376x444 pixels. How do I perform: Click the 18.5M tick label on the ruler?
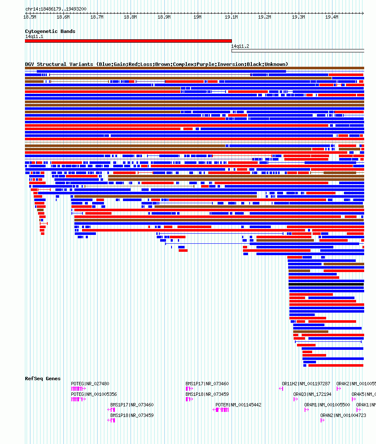click(30, 17)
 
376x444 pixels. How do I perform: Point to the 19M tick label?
click(197, 17)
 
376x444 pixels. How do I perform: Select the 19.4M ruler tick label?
click(332, 17)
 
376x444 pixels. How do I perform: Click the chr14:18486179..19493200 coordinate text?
click(56, 9)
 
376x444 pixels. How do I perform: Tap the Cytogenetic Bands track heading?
click(50, 31)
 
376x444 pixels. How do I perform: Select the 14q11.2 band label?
click(240, 46)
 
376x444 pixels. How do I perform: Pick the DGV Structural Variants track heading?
click(156, 64)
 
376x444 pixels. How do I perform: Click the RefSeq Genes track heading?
click(43, 379)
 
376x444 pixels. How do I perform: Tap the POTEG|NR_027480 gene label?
click(90, 384)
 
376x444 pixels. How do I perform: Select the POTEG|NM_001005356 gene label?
click(94, 394)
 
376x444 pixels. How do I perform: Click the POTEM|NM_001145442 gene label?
click(238, 405)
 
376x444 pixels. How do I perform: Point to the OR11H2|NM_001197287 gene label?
click(306, 384)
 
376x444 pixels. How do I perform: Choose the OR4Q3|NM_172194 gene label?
click(312, 394)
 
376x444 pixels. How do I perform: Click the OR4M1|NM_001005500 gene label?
click(327, 405)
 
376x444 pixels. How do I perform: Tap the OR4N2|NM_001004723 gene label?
click(343, 415)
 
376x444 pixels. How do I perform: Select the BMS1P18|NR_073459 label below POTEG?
click(132, 415)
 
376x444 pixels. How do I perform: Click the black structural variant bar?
click(326, 284)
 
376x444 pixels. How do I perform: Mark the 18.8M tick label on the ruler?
click(130, 17)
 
